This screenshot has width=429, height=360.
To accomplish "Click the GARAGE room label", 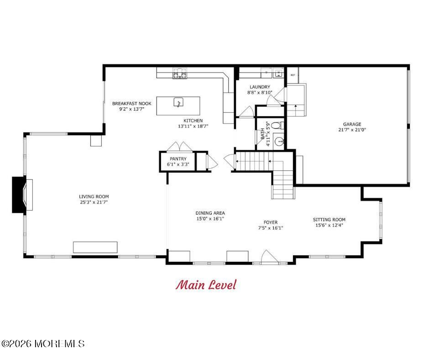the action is pos(352,124).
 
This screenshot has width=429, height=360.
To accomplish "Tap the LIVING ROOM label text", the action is pos(94,196).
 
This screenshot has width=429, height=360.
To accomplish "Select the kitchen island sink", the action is pos(178,102).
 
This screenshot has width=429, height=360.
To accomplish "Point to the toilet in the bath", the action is pos(277,126).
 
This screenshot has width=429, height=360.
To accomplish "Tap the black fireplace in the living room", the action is pos(19,195).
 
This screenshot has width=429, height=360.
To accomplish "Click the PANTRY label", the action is pos(178,159).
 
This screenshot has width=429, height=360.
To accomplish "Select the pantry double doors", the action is pos(179,147).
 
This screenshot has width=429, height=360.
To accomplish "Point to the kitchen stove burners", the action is pos(180,74).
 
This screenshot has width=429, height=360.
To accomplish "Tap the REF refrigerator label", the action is pos(293,75).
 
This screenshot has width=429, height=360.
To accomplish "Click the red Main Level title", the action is pos(206,285).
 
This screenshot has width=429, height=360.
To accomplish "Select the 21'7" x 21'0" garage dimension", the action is pos(352,130).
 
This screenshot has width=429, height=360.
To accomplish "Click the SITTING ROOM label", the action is pos(329,219).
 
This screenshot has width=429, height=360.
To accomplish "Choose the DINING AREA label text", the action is pos(210,213).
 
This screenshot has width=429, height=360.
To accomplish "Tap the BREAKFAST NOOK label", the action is pos(131,103).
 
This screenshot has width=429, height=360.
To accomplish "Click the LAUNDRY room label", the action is pos(260,87).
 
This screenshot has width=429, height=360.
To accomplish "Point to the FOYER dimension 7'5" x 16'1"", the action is pos(271,228).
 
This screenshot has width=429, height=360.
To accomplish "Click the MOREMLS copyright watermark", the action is pos(43,344).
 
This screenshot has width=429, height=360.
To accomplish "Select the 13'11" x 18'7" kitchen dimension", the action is pos(193,126).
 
